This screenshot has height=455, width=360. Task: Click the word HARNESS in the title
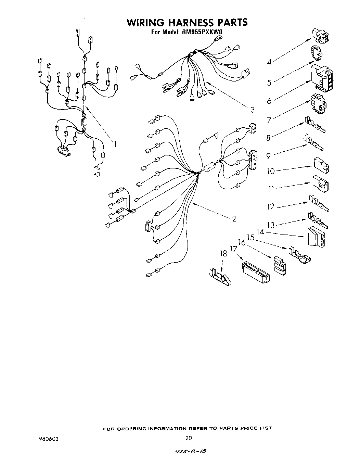coord(187,23)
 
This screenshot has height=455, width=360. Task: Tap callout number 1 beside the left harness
coord(115,144)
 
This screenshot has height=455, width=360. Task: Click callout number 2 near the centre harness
coord(234,219)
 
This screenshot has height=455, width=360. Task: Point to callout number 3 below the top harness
coord(252,110)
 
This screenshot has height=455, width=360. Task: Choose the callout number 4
coord(269,62)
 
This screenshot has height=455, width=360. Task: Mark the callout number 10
coord(271,171)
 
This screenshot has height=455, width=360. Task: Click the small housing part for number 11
coord(320,184)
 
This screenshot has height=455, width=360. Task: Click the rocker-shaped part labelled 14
coord(318,237)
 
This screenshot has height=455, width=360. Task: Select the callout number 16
coord(242,242)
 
